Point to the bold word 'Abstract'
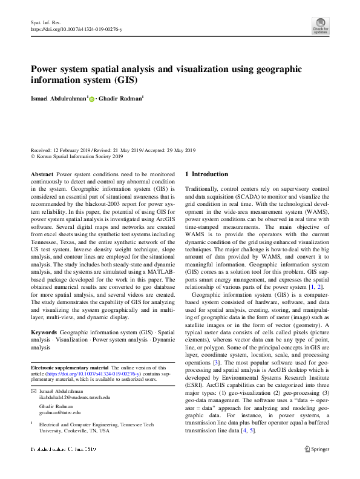pos(42,174)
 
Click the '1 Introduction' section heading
pos(206,174)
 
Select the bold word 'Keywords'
pos(44,333)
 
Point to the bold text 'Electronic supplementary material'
pos(70,368)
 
